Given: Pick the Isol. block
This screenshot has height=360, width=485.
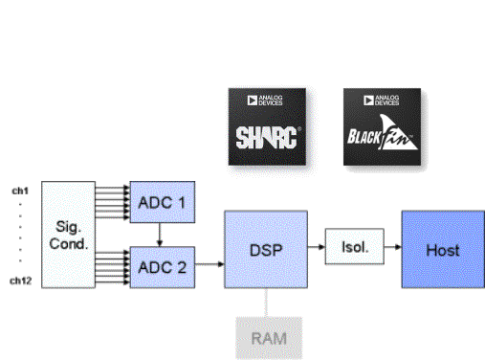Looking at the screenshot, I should pos(350,250).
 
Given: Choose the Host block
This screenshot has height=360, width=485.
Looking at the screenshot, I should pos(442,250).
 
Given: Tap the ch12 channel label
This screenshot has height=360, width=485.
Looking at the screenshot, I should pos(20,281).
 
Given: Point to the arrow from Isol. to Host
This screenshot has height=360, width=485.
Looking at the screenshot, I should pos(389,250).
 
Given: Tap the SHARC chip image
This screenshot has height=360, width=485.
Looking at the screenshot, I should pos(268,128).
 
